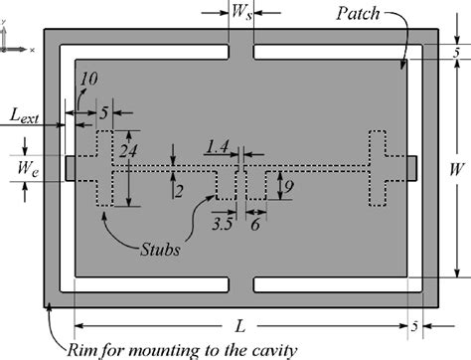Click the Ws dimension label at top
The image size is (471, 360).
tap(241, 13)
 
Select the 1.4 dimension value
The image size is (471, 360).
tap(218, 146)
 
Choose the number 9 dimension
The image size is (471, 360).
tap(284, 185)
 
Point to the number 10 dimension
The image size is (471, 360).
tap(88, 79)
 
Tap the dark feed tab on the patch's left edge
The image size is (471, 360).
tap(69, 167)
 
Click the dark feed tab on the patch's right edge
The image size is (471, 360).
tap(411, 167)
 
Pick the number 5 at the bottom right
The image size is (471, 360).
tap(414, 325)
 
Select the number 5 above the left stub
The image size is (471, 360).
tap(105, 112)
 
